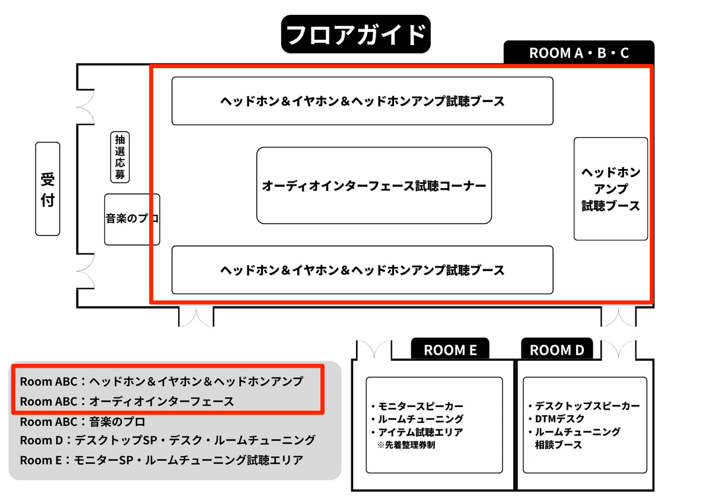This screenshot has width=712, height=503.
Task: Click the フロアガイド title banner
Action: pyautogui.click(x=355, y=34)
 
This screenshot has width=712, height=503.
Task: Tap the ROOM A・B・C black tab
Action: pyautogui.click(x=579, y=52)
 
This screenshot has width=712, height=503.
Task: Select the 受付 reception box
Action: pyautogui.click(x=47, y=189)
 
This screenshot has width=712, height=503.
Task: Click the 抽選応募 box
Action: pyautogui.click(x=120, y=157)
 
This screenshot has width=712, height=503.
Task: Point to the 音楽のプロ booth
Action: pyautogui.click(x=132, y=219)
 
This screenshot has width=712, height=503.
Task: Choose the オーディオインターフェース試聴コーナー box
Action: pyautogui.click(x=374, y=186)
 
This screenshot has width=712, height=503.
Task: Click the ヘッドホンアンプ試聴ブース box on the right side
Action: pyautogui.click(x=611, y=189)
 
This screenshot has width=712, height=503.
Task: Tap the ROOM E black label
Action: pyautogui.click(x=450, y=349)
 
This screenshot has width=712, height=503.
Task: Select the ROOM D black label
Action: pyautogui.click(x=557, y=349)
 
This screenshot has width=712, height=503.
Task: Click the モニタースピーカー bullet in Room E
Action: pyautogui.click(x=417, y=406)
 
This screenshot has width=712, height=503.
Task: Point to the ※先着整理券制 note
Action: pyautogui.click(x=406, y=445)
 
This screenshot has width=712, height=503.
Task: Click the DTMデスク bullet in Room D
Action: pyautogui.click(x=557, y=419)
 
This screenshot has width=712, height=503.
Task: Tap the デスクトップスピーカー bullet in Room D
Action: pyautogui.click(x=584, y=406)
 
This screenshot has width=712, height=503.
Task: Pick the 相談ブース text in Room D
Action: pyautogui.click(x=558, y=445)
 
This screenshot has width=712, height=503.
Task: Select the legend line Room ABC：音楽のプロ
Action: pyautogui.click(x=82, y=422)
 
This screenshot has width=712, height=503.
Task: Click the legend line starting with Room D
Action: pyautogui.click(x=167, y=440)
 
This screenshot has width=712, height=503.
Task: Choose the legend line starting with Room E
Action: pyautogui.click(x=161, y=460)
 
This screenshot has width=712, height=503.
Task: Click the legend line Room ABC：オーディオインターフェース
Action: pyautogui.click(x=127, y=402)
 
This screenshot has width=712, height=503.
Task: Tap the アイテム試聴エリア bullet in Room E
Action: pyautogui.click(x=417, y=432)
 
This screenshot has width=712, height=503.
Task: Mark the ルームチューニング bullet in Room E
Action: pyautogui.click(x=417, y=419)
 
